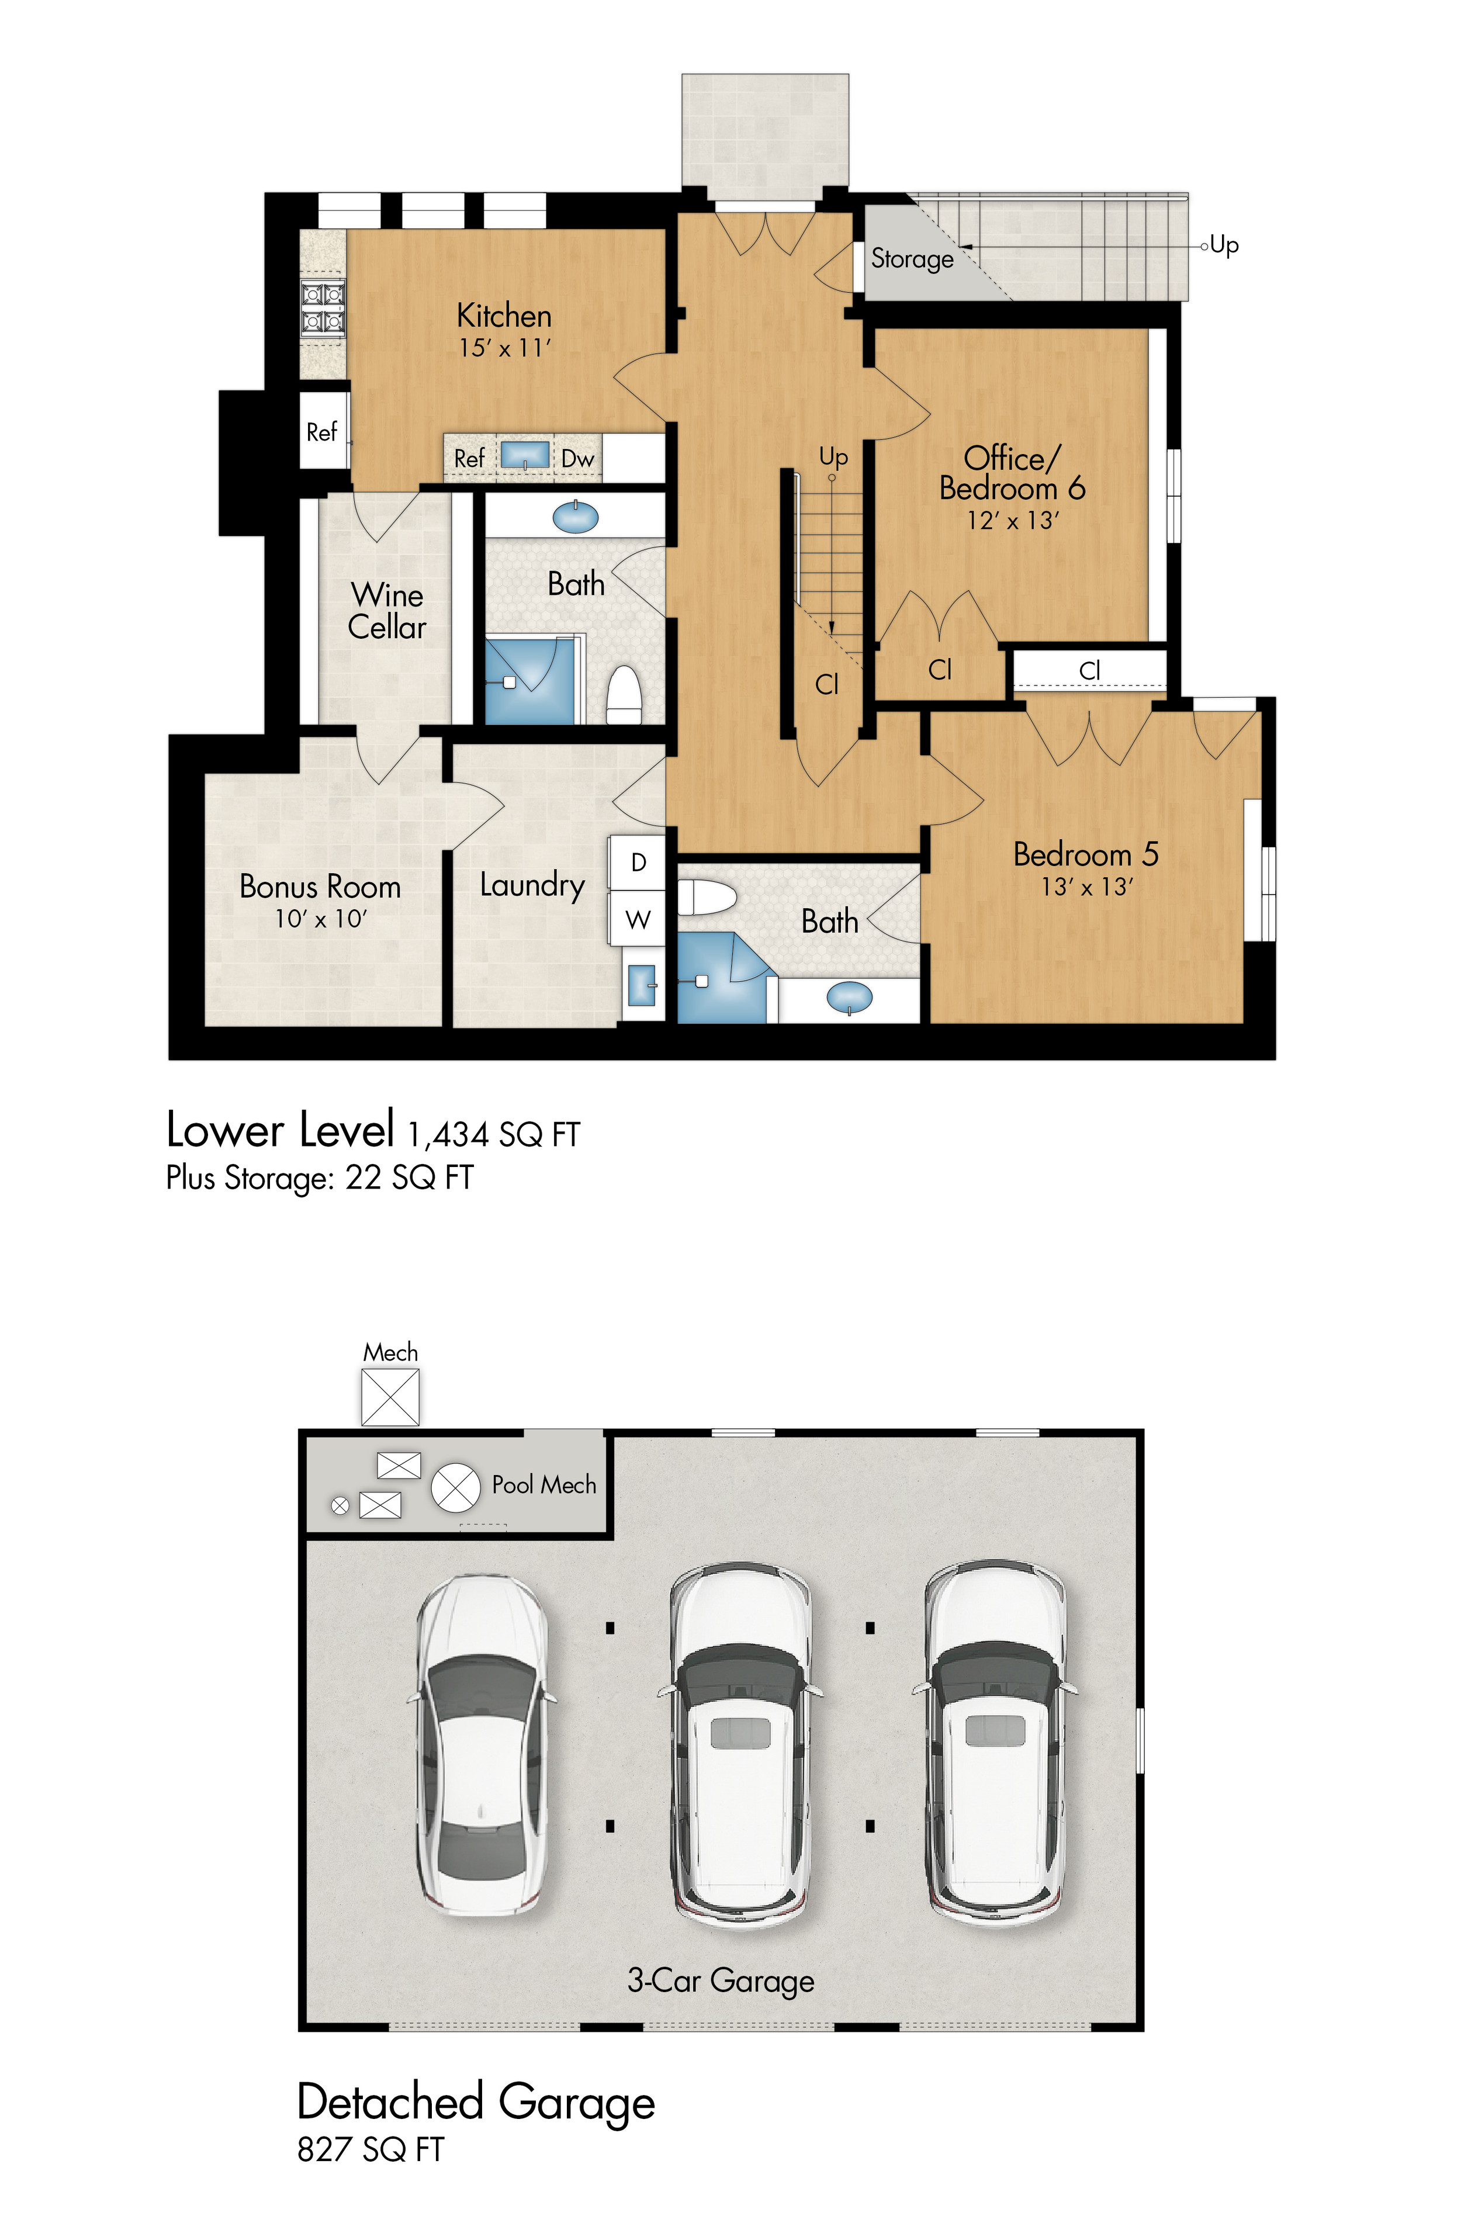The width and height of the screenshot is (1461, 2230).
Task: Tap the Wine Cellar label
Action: click(386, 611)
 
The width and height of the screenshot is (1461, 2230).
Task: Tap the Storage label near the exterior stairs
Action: click(912, 259)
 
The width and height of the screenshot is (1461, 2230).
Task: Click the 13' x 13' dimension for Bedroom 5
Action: click(1086, 887)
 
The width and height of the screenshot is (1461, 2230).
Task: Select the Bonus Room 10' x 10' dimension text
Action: click(320, 919)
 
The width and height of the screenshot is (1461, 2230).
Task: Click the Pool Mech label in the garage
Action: click(543, 1485)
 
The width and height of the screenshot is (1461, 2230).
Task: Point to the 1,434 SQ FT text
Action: click(494, 1135)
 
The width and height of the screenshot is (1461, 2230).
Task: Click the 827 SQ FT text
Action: click(370, 2149)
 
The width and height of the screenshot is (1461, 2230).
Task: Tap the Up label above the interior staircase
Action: click(832, 456)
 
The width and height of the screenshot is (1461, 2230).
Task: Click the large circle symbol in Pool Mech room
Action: click(455, 1488)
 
